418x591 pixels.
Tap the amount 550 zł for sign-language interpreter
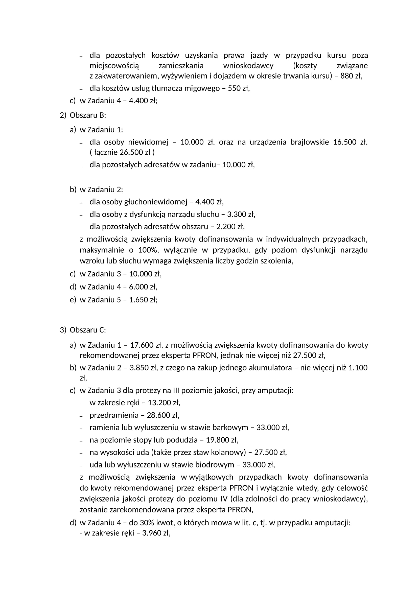[x=238, y=88]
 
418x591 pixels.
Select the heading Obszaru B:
[x=88, y=115]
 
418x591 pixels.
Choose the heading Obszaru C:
[x=88, y=330]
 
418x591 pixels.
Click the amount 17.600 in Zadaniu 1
[x=142, y=345]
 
